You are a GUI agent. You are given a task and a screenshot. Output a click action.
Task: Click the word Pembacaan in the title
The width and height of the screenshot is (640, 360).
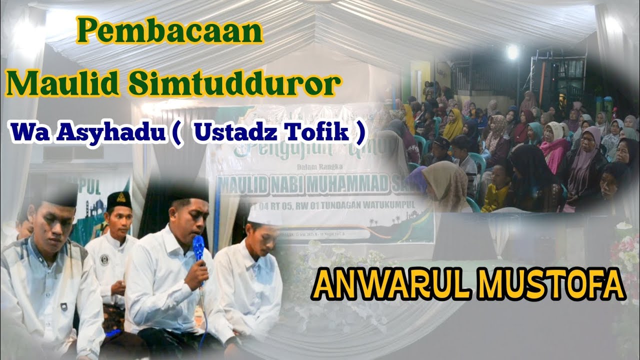pos(170,33)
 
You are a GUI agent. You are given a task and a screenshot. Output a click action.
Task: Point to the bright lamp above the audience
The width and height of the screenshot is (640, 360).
pos(512,50)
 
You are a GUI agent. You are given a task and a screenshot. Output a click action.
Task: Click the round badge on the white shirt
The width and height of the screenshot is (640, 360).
pos(104,259)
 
